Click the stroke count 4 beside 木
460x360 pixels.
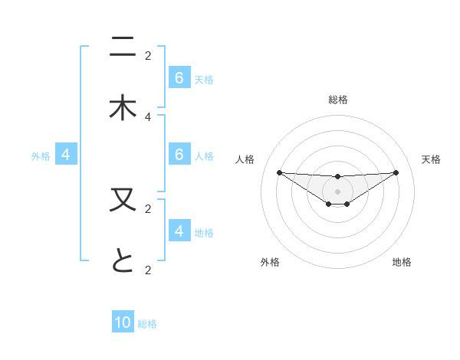pos(148,116)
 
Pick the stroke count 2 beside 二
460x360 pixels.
pos(148,55)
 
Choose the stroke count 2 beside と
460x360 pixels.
pos(148,270)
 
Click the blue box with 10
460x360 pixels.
pos(123,322)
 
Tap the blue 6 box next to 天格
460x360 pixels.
pos(179,78)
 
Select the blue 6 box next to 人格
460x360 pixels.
pos(179,155)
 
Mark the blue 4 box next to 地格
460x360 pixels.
pos(179,231)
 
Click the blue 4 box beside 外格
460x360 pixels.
pos(66,155)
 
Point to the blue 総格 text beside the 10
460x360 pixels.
pos(147,324)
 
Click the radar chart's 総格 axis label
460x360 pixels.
pos(337,100)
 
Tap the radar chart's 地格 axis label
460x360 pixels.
pos(402,262)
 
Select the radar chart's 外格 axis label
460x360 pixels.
pos(270,262)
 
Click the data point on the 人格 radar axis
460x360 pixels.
pos(279,172)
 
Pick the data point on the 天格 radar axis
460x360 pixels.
pos(396,172)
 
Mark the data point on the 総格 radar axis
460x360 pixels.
pos(337,177)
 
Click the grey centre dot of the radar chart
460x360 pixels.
pos(337,191)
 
